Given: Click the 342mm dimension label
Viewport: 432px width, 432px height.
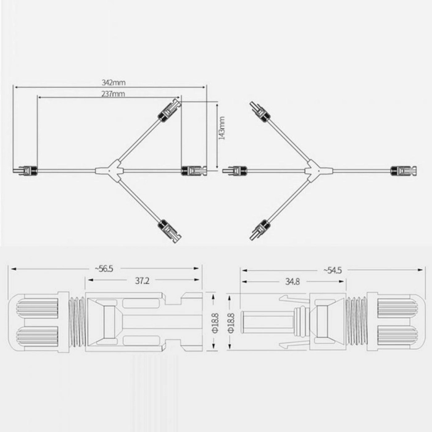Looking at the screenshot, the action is click(x=114, y=82).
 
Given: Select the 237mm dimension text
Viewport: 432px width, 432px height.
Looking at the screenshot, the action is click(x=113, y=94).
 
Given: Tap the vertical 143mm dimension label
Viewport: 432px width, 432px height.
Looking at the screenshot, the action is click(x=222, y=128).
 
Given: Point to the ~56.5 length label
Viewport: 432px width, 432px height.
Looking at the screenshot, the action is click(x=104, y=268).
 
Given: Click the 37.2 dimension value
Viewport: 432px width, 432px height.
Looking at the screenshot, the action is click(x=142, y=280).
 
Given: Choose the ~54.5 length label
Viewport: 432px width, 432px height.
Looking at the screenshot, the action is click(x=333, y=270).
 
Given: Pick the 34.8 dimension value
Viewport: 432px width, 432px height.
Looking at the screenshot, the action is click(x=293, y=281).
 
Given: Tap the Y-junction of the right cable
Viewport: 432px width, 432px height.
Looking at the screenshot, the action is click(x=318, y=170).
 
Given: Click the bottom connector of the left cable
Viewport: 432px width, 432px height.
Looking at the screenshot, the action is click(x=170, y=231).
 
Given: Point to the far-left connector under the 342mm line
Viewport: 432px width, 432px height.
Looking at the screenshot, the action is click(x=25, y=171).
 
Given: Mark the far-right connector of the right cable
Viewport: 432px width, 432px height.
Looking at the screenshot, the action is click(x=404, y=171).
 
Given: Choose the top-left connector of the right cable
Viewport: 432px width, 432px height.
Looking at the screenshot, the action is click(x=260, y=111).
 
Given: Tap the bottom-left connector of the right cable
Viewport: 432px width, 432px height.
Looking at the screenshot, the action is click(x=260, y=230).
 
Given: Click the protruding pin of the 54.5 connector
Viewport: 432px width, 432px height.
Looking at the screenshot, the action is click(x=267, y=322).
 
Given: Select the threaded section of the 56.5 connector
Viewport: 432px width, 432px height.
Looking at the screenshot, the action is click(x=77, y=322).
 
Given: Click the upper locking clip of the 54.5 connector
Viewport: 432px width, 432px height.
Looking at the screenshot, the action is click(x=294, y=299).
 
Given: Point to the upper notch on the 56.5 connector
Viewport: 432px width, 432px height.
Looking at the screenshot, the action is click(x=173, y=299).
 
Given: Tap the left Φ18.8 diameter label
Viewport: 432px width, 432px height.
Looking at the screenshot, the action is click(x=215, y=323).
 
